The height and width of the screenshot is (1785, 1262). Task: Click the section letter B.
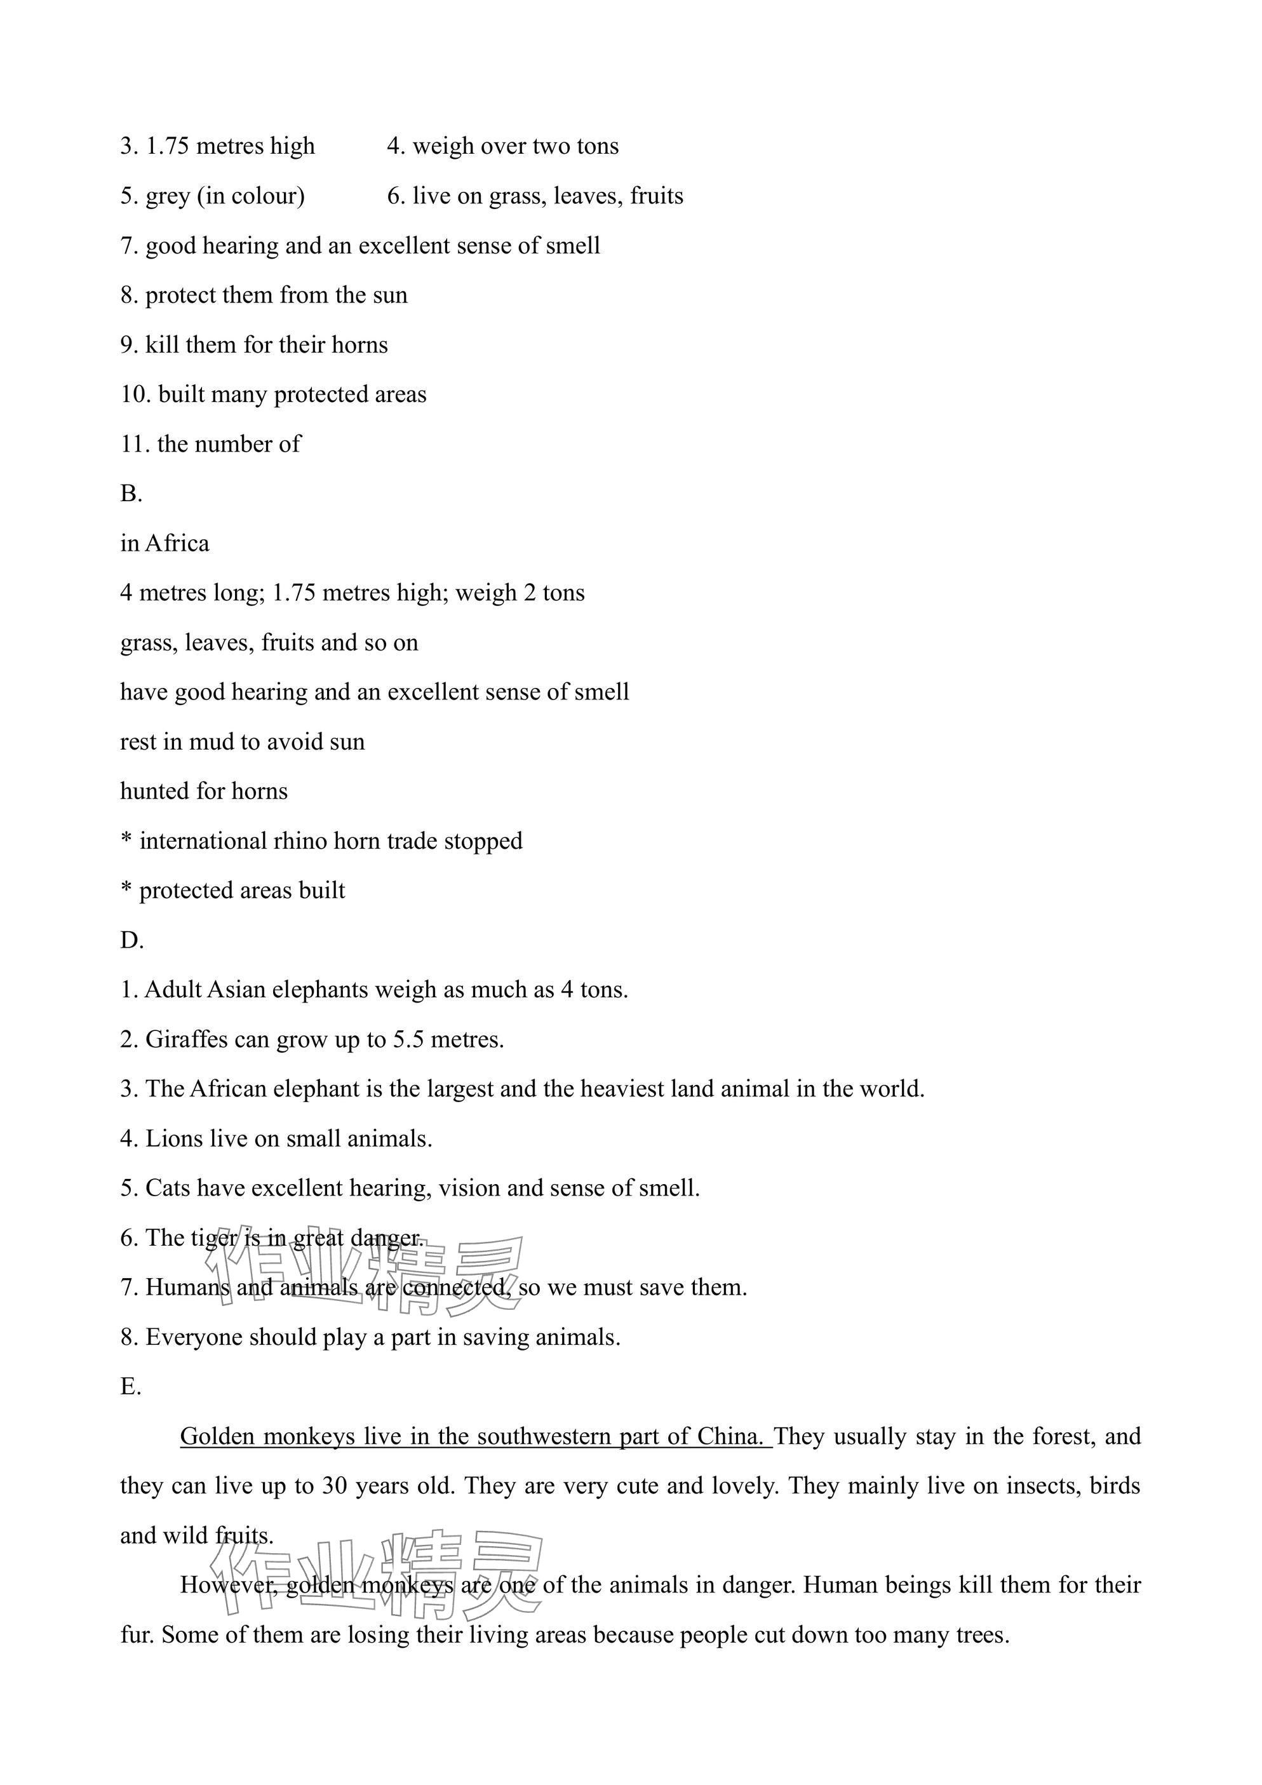coord(131,494)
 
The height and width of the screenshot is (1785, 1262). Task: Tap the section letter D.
coord(131,941)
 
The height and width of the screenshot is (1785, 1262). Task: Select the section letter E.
coord(131,1387)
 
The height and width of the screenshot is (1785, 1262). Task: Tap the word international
coord(203,841)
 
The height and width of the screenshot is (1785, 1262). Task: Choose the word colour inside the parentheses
coord(264,196)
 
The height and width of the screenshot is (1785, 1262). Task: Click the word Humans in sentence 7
coord(187,1288)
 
